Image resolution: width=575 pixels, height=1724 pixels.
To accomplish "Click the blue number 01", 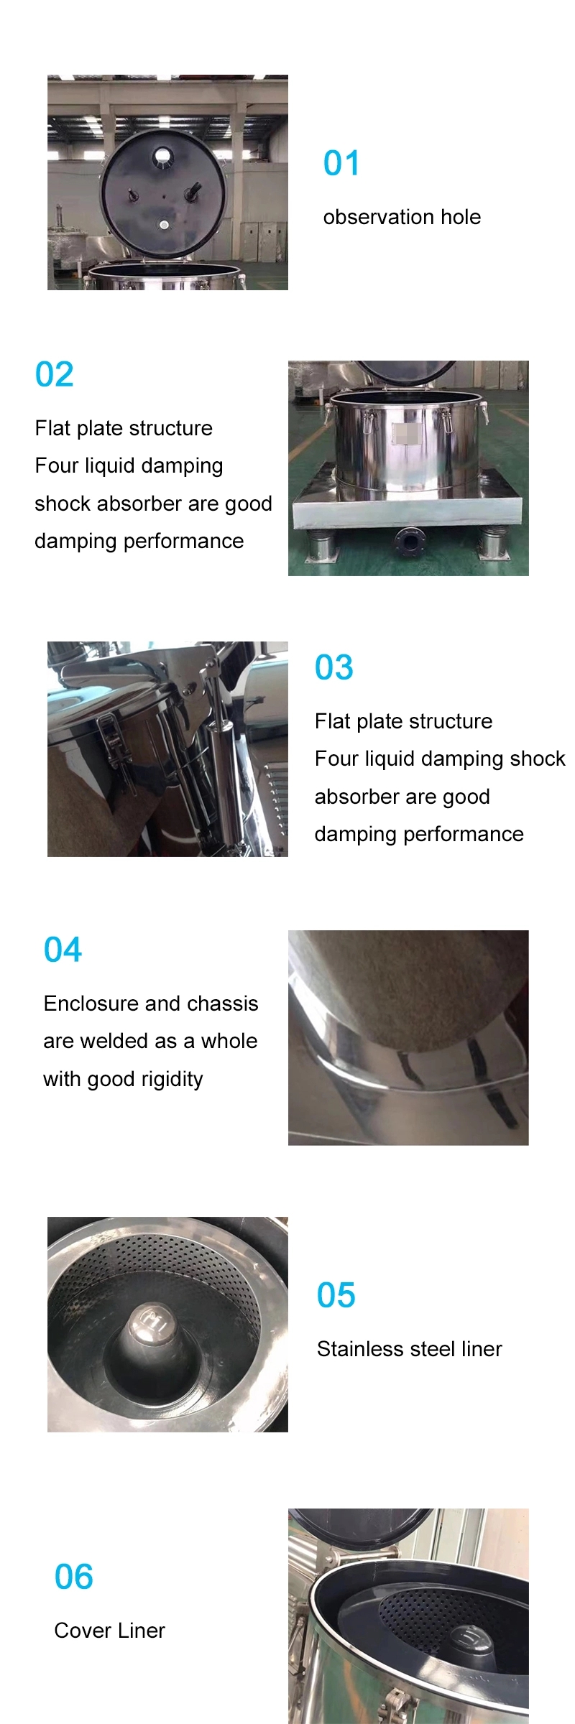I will coord(341,163).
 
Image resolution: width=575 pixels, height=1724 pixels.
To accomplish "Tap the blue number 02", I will coord(54,374).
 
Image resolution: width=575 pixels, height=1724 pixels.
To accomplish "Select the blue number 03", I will coord(333,667).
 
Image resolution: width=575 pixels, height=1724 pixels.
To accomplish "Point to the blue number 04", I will coord(63,950).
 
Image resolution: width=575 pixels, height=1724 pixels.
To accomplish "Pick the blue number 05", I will coord(336,1295).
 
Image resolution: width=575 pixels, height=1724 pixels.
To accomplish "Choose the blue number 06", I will coord(73,1577).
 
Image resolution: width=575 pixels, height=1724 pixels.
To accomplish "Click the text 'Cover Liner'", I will coord(109,1631).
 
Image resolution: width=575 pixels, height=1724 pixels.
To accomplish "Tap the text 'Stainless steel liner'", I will coord(409,1349).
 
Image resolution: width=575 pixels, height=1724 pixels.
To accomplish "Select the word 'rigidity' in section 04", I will coord(172,1079).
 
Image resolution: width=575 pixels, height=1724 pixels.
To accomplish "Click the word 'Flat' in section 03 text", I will coord(331,721).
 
